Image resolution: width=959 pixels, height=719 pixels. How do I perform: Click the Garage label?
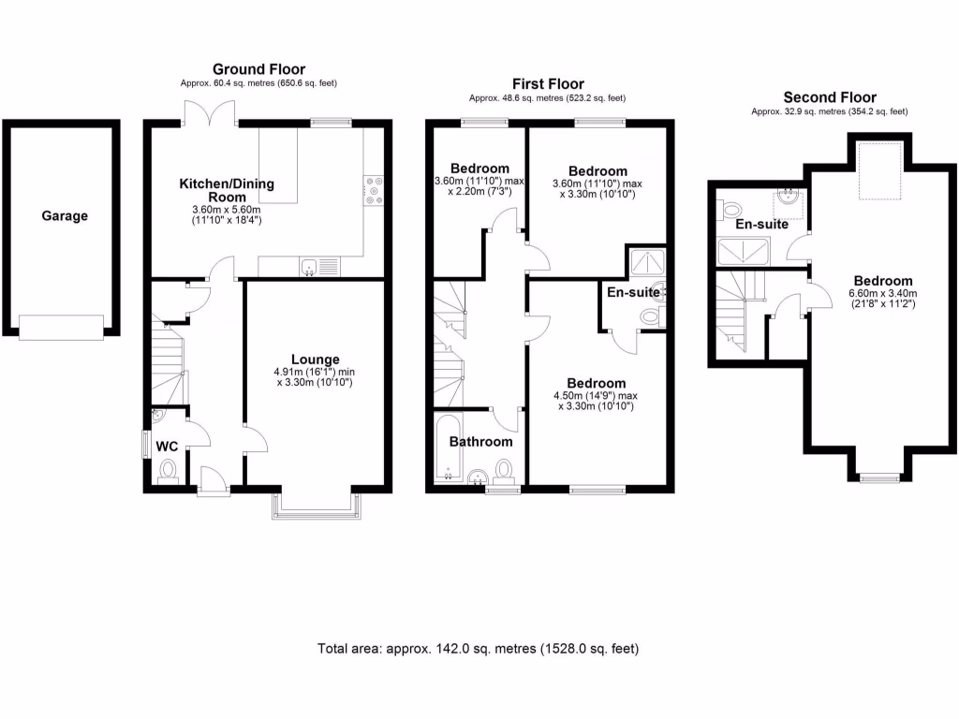(64, 216)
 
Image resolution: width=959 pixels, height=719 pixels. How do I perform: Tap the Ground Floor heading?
(258, 69)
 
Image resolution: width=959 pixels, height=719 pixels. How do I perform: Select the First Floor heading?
(547, 83)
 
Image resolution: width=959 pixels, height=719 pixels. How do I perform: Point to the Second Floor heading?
(830, 97)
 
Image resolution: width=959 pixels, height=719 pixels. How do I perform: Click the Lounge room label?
(315, 359)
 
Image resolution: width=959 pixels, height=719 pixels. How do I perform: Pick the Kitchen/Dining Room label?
(227, 190)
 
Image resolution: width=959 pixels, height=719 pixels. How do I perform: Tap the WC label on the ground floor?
(167, 446)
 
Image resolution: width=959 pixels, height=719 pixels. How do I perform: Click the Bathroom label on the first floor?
(480, 442)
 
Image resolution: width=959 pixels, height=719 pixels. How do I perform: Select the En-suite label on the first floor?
(634, 292)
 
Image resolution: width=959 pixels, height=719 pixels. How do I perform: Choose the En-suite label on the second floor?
(761, 225)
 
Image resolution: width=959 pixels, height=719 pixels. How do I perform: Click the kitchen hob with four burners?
(374, 191)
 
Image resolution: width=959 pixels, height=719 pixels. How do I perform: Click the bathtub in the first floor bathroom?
(445, 451)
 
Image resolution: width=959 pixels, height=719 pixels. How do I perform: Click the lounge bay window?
(316, 504)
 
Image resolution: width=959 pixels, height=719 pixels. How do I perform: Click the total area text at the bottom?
(479, 648)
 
